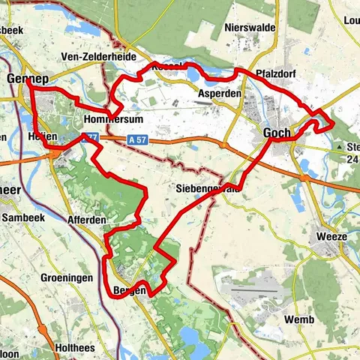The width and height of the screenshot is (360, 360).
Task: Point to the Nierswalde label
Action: (x=250, y=28)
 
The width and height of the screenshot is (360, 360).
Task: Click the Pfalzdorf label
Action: (x=276, y=75)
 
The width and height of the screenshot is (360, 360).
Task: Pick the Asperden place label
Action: (x=220, y=94)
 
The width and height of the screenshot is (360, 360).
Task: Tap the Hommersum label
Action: (x=114, y=120)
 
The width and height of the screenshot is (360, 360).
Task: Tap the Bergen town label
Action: (x=128, y=290)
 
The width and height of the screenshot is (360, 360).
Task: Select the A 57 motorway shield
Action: (x=136, y=139)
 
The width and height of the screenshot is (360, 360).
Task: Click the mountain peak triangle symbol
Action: (x=340, y=148)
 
